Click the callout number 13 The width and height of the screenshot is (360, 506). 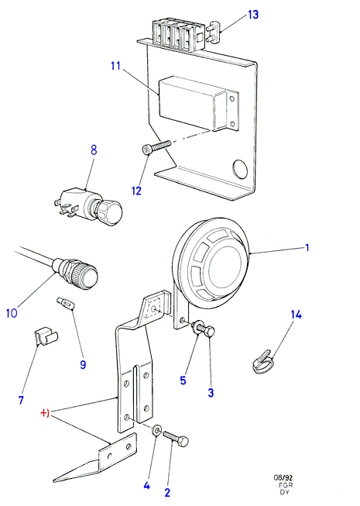253,15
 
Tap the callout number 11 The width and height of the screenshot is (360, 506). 115,66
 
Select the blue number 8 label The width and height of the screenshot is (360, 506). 94,150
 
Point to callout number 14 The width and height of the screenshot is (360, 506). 296,315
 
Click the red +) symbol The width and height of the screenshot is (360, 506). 45,413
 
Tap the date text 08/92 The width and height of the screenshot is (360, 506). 283,477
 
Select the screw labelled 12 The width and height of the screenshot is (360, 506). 156,147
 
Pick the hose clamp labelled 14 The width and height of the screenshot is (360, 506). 263,363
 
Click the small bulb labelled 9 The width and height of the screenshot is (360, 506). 65,303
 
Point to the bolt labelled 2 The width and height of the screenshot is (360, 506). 176,438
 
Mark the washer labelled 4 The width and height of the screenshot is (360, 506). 157,429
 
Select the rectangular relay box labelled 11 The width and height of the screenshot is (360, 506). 199,102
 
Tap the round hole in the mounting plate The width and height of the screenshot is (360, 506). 240,169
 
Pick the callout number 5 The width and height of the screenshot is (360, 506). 183,380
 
